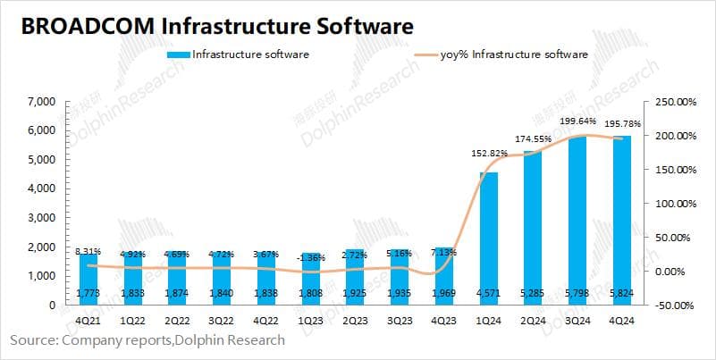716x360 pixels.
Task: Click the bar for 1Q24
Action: click(x=488, y=238)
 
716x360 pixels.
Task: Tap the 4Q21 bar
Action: click(x=88, y=279)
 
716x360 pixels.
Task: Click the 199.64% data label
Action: click(x=576, y=121)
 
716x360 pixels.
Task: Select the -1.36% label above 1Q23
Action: click(x=310, y=257)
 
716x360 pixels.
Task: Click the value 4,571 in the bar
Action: click(x=488, y=292)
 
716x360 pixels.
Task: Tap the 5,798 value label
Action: click(x=576, y=292)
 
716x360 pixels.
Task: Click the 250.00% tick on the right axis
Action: click(x=675, y=102)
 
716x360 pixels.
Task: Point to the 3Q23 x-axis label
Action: click(x=399, y=319)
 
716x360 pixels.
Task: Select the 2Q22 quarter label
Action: click(x=177, y=319)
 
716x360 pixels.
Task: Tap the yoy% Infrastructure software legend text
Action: click(x=514, y=54)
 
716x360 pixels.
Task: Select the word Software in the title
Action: click(x=363, y=27)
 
